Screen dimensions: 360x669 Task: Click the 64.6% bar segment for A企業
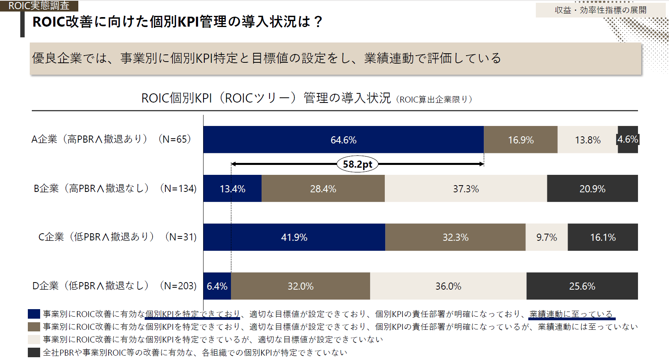tap(343, 139)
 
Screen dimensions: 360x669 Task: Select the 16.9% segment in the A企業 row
tap(521, 139)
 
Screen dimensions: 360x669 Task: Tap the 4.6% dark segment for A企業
tap(628, 139)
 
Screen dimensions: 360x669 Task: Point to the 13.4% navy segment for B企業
tap(233, 188)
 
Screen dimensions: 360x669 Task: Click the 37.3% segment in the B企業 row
tap(466, 188)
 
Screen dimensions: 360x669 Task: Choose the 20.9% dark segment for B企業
tap(592, 188)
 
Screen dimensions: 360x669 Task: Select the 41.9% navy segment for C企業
tap(294, 237)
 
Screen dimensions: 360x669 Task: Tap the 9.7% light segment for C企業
tap(547, 237)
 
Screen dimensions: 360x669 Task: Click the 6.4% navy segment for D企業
tap(217, 286)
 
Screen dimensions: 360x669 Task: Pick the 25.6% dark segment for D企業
tap(582, 286)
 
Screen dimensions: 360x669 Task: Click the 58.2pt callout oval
tap(357, 164)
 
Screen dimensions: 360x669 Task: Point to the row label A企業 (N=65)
tap(111, 139)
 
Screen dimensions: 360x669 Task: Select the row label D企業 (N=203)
tap(114, 286)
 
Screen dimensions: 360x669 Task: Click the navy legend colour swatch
tap(34, 314)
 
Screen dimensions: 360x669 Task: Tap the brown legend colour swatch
tap(34, 327)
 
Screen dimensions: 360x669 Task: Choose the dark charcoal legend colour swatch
tap(34, 352)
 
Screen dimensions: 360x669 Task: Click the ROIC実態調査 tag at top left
tap(39, 6)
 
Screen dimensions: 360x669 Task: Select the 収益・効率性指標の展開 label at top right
tap(600, 10)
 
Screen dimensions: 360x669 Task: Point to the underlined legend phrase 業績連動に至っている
tap(571, 314)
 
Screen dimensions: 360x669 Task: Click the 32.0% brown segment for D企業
tap(301, 286)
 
